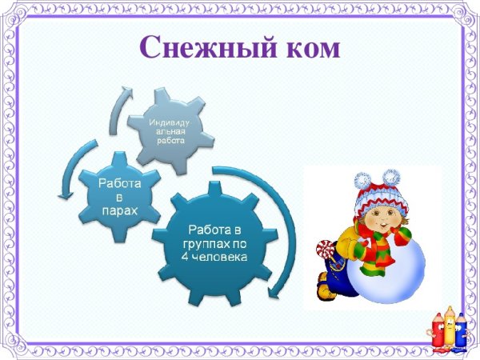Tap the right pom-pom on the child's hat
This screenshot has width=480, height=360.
coord(390,176)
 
